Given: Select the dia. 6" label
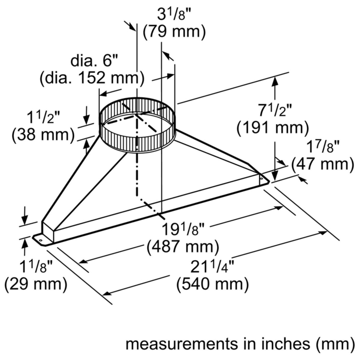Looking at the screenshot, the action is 94,61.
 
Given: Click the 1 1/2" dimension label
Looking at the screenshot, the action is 44,118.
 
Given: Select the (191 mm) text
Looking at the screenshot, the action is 273,128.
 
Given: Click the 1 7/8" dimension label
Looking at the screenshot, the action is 323,147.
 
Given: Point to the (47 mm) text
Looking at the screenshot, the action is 323,164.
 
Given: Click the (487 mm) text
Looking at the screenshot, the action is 183,247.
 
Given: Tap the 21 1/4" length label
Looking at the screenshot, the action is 212,266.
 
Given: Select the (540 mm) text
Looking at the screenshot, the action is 212,284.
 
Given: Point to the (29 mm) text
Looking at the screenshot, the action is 36,284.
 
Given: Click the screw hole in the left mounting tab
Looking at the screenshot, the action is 41,240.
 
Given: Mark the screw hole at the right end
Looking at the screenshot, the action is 261,178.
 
